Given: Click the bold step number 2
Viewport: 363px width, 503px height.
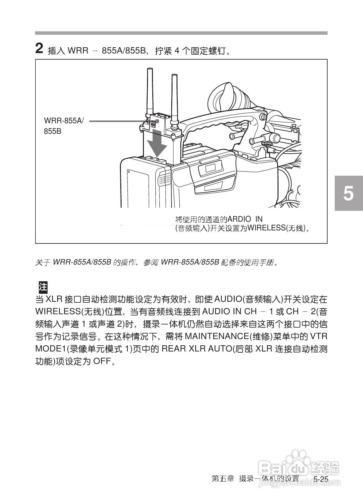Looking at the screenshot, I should point(39,48).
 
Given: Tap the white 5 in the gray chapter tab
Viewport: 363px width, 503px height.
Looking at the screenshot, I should point(348,193).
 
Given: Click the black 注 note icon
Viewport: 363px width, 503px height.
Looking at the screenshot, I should point(43,287).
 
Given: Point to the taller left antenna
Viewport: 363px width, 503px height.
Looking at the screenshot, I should point(150,92).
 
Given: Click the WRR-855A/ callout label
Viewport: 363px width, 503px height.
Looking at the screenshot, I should point(64,121).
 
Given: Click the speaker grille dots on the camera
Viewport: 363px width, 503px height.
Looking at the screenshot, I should point(165,180).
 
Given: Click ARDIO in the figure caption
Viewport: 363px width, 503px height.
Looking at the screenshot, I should point(239,219).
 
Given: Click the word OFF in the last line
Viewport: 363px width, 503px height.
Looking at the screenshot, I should point(102,361).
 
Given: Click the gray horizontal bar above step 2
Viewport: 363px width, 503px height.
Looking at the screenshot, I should point(181,33).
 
